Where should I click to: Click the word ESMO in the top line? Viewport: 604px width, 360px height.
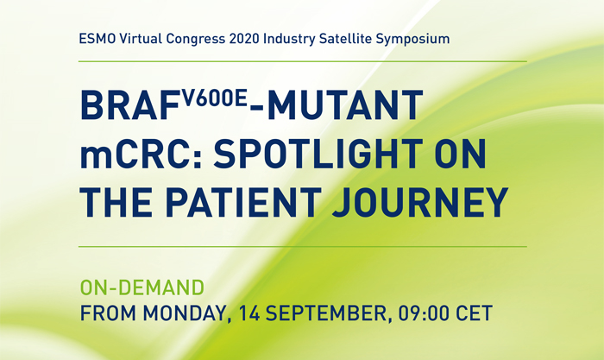coord(97,40)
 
